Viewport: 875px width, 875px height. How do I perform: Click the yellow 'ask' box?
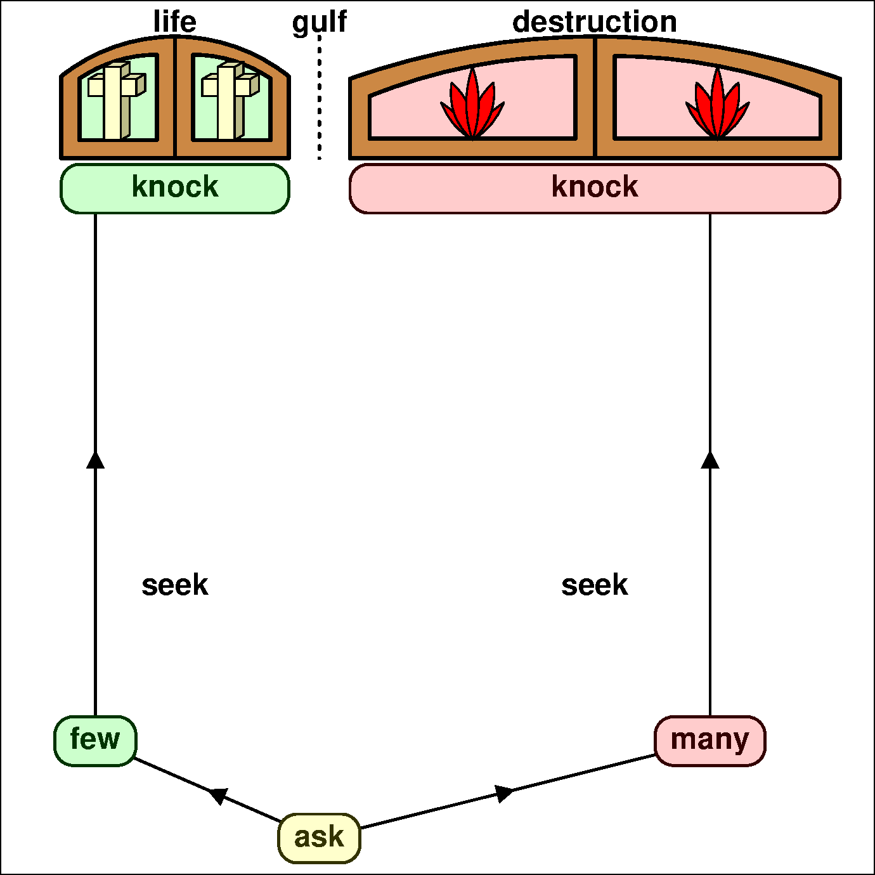[319, 838]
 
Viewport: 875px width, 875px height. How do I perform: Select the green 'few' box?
[95, 740]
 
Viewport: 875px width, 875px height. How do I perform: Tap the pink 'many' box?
[710, 740]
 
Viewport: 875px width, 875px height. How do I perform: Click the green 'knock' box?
[175, 188]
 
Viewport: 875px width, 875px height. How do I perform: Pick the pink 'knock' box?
[594, 188]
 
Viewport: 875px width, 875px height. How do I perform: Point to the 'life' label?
[175, 22]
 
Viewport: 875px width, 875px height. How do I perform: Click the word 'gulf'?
[319, 22]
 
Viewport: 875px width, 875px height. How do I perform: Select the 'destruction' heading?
[594, 22]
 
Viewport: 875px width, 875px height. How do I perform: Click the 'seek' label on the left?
[175, 585]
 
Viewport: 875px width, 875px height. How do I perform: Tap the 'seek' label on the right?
[594, 585]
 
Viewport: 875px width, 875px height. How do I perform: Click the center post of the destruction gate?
[594, 98]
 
